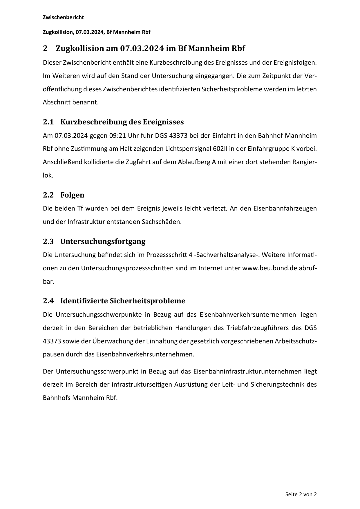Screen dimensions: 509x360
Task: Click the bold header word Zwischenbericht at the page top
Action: pos(63,17)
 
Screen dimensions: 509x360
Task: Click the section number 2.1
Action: pos(48,122)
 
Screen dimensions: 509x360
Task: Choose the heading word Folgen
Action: pos(72,195)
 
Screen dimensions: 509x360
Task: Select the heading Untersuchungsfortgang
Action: pos(103,241)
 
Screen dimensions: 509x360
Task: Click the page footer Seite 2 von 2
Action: pos(301,494)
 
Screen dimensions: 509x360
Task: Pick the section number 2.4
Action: pos(48,301)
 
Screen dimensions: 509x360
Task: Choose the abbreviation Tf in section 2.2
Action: pos(80,209)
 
